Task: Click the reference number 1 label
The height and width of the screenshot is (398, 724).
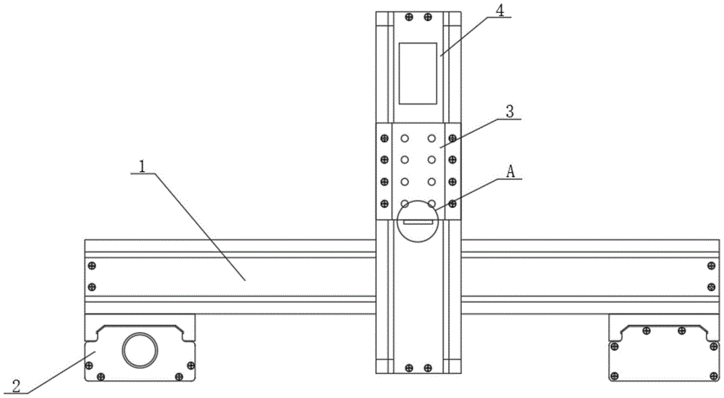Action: [x=143, y=165]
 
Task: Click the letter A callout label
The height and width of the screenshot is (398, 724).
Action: [x=510, y=172]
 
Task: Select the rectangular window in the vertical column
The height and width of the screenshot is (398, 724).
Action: [x=418, y=72]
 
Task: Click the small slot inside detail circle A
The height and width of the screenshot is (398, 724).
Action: [x=418, y=223]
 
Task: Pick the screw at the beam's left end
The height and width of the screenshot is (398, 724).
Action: [x=91, y=265]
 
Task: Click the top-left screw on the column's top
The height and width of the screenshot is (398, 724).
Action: [x=410, y=16]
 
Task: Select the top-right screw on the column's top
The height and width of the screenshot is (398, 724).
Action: [x=428, y=16]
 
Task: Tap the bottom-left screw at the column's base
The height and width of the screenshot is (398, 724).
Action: [x=410, y=366]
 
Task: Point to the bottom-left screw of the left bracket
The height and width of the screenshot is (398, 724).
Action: [x=100, y=375]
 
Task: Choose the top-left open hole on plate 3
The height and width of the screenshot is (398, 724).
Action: [x=405, y=138]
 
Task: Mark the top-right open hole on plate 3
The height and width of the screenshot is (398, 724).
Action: [x=432, y=138]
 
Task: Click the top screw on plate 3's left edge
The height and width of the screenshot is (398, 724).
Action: [x=384, y=138]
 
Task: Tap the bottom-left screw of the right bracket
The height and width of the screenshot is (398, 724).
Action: [x=615, y=375]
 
